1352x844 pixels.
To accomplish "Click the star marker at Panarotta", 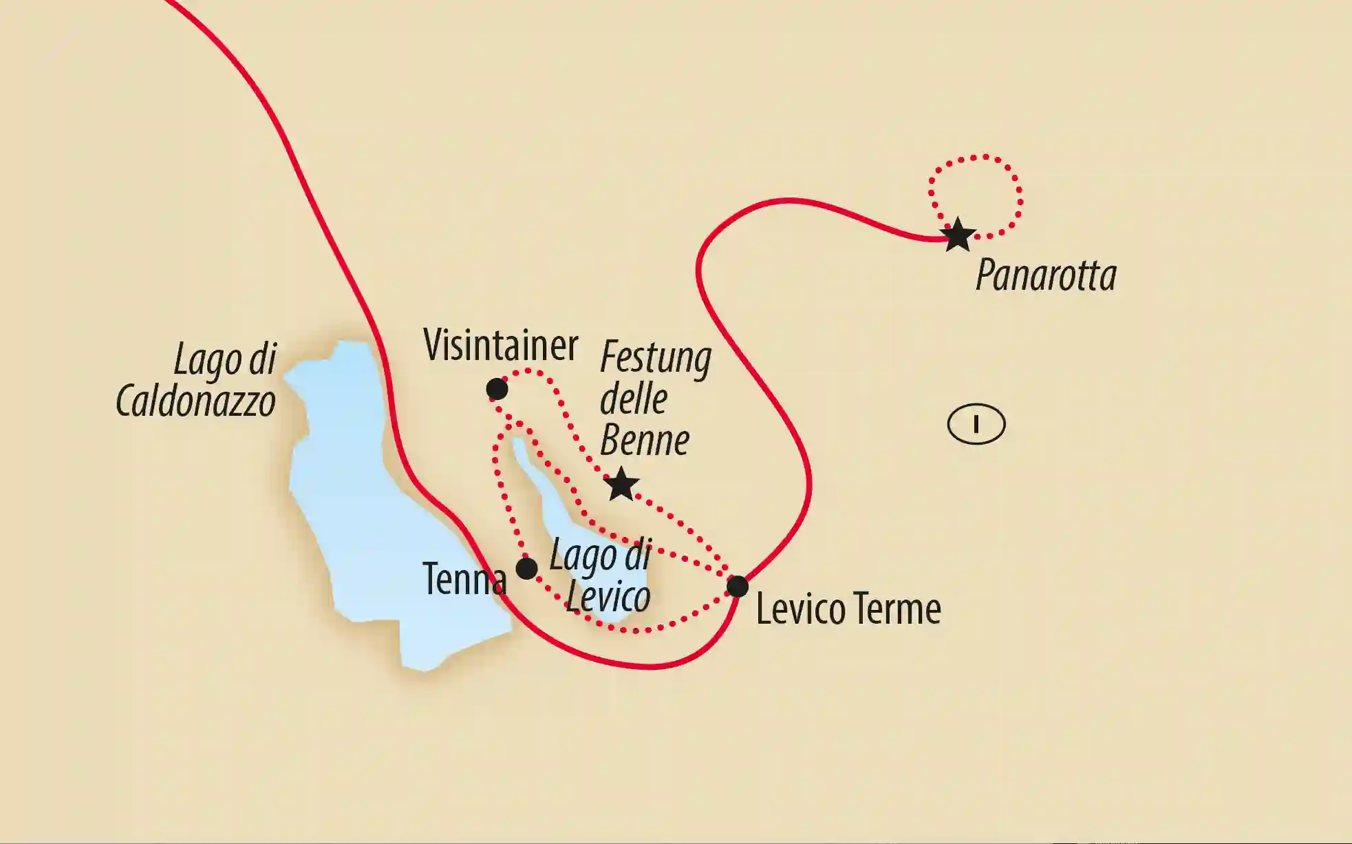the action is tap(958, 235).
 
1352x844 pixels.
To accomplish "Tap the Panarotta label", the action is tap(1046, 276).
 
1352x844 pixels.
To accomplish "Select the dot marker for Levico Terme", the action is tap(738, 587).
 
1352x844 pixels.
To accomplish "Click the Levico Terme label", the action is tap(848, 609).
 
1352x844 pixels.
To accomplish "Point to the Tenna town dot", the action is tap(527, 569).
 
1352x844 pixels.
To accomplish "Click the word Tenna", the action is tap(464, 579).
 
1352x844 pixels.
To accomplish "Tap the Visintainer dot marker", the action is tap(497, 390).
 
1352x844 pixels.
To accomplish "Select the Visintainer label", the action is tap(501, 345).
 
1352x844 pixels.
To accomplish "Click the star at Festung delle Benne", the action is tap(621, 485).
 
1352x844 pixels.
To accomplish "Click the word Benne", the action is tap(645, 441).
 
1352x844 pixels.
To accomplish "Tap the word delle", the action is tap(634, 399).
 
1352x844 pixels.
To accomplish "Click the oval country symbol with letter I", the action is tap(976, 425).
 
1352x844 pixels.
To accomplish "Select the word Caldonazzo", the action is tap(196, 401).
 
